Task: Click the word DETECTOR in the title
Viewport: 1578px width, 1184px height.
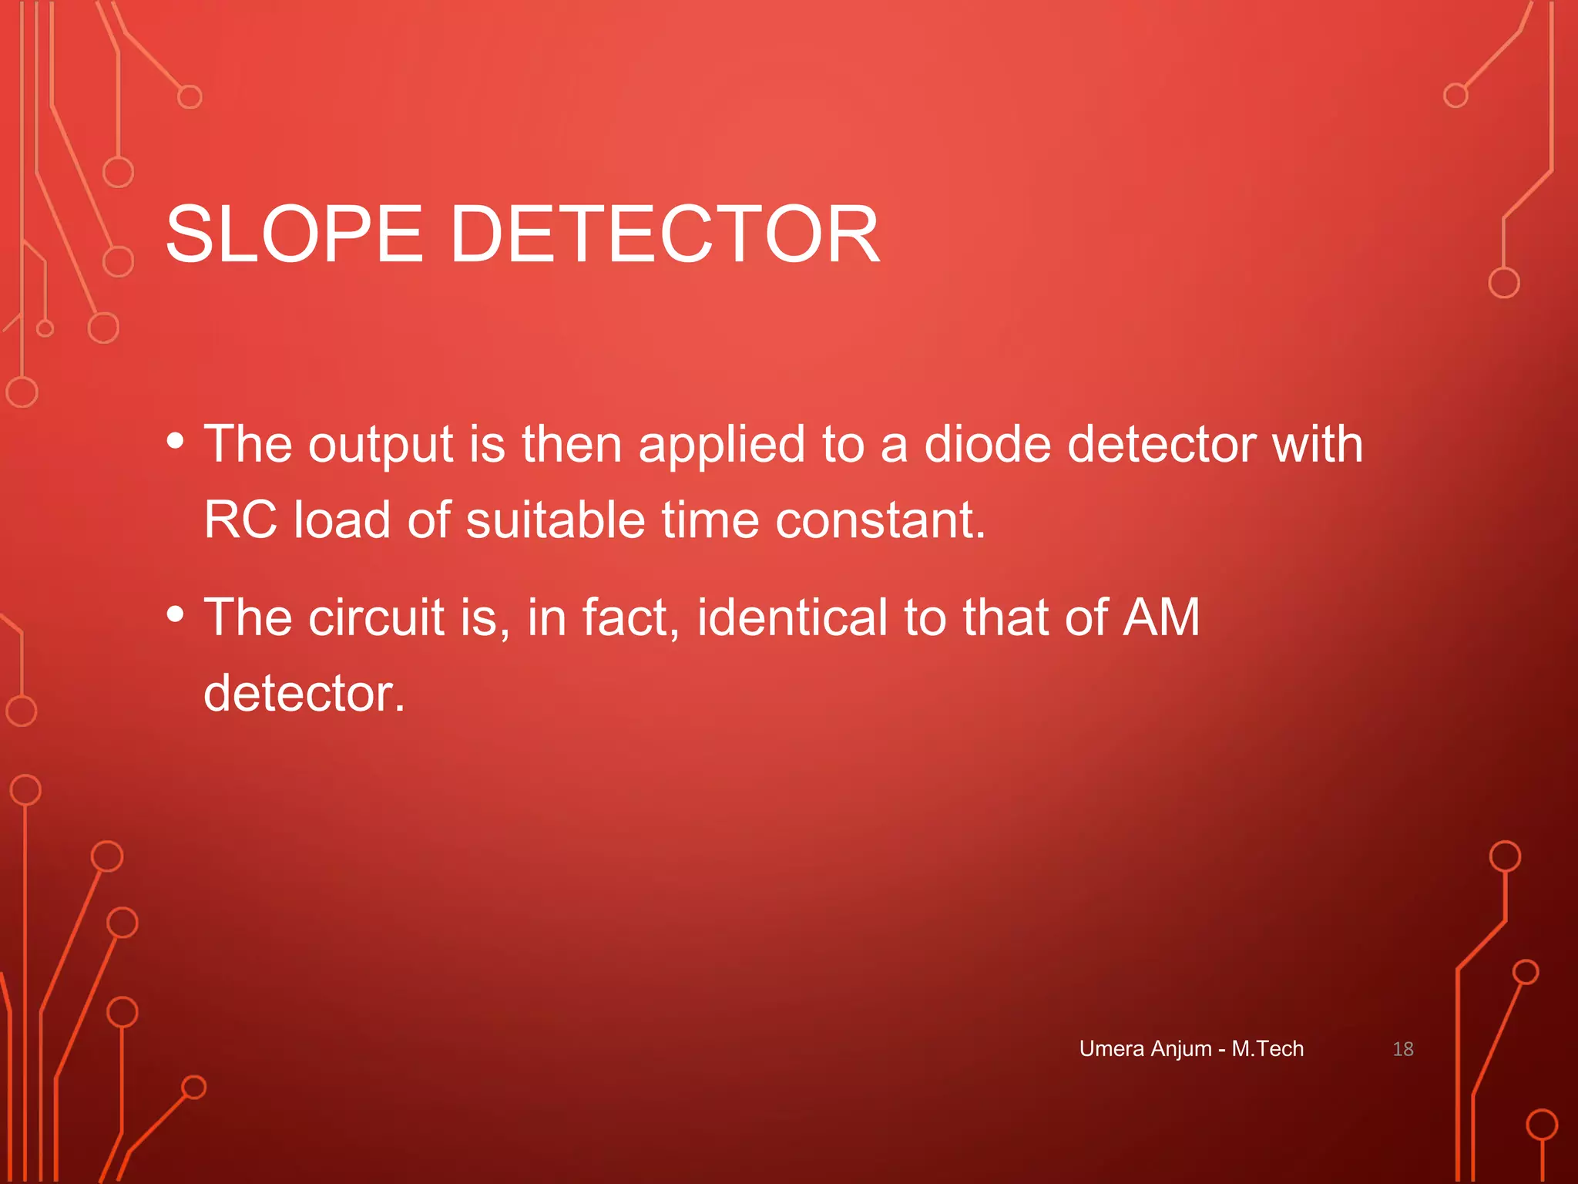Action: [664, 234]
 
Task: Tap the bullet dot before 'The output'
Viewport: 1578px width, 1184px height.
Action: [176, 441]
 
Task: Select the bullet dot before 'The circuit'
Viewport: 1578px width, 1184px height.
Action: [176, 614]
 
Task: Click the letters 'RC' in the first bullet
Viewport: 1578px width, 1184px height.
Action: [240, 520]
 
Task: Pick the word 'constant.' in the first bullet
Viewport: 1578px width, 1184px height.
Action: [880, 520]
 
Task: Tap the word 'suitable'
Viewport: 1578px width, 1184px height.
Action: [556, 520]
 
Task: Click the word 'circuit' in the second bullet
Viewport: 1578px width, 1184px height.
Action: [377, 617]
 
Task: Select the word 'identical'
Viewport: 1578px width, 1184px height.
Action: [792, 617]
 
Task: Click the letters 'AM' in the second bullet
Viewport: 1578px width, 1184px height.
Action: [1161, 617]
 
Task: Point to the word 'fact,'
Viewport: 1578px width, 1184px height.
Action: [630, 617]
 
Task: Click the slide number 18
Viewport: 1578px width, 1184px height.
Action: [1402, 1049]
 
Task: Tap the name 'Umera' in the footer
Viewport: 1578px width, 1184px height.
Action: [1111, 1049]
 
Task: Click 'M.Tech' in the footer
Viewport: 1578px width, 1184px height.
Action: [1267, 1049]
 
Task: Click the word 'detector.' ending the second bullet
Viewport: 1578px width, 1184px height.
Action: [304, 693]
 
